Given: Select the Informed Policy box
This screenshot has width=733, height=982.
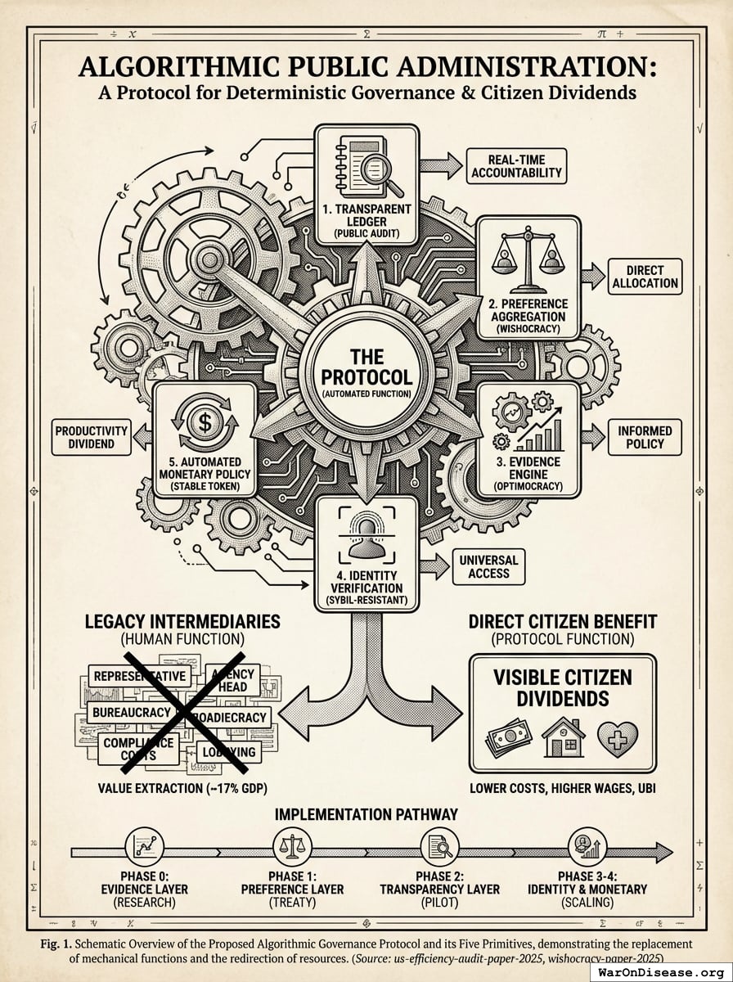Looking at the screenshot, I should coord(645,437).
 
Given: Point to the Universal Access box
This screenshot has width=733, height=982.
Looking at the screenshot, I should coord(488,566).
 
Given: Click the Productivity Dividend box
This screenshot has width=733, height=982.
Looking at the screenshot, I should coord(92,437).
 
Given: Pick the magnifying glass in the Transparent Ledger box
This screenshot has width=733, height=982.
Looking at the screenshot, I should coord(379,174).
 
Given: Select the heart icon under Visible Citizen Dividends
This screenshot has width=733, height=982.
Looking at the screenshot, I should coord(617,739).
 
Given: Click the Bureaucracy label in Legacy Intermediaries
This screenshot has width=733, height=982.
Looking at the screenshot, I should coord(130,712).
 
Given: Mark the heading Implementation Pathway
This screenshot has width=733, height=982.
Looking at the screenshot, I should coord(366,814).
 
